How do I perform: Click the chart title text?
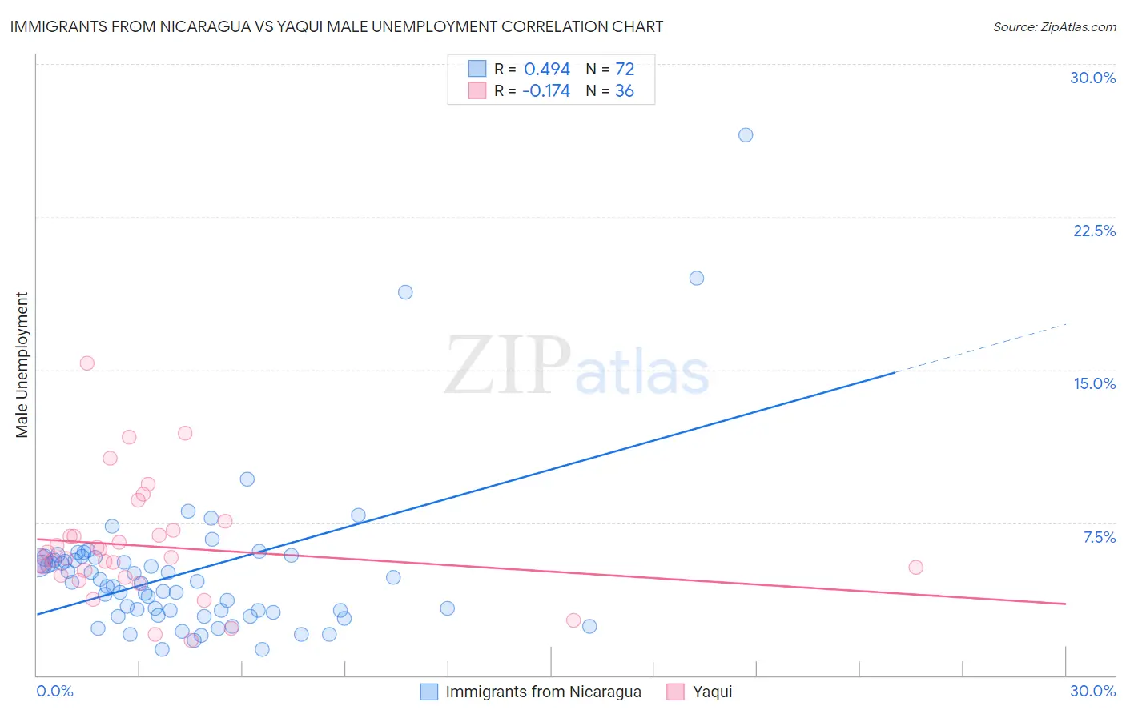pos(336,26)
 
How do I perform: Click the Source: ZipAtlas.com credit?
pos(1054,26)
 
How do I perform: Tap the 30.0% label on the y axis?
pos(1092,78)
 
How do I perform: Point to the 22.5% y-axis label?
pos(1094,231)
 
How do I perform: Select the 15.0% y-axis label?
pos(1094,383)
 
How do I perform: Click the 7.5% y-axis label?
pos(1099,537)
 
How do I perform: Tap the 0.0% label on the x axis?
pos(55,691)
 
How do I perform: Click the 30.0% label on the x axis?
pos(1092,691)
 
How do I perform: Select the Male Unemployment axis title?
pos(22,364)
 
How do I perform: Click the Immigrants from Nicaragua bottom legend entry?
pos(543,692)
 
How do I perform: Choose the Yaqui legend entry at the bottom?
pos(712,692)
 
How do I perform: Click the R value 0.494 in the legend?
pos(547,70)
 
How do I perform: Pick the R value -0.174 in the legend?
pos(545,91)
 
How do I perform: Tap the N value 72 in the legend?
pos(625,70)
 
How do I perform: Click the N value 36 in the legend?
pos(625,91)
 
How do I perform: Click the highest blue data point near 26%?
pos(746,135)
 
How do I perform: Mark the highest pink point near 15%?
pos(87,363)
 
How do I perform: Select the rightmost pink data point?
pos(915,567)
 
